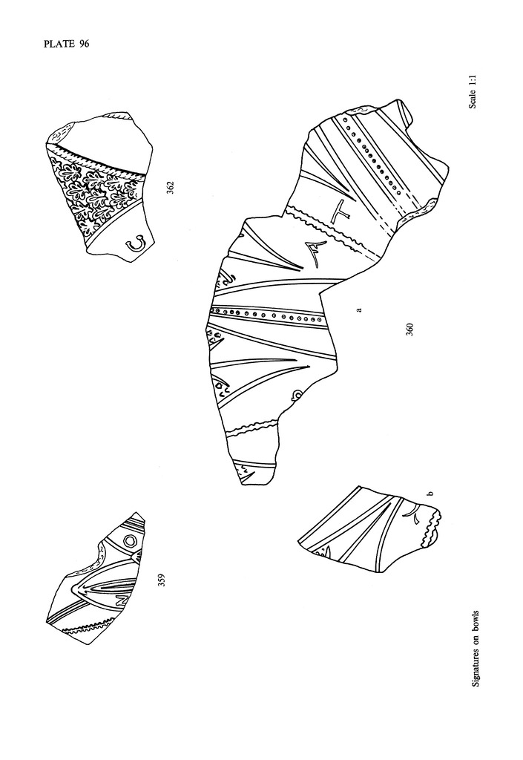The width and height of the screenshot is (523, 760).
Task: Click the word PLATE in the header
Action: [x=58, y=44]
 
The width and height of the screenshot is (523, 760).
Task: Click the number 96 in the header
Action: [x=83, y=44]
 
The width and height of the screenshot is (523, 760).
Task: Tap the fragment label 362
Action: [x=169, y=188]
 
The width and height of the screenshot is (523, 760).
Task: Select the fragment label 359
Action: [x=162, y=580]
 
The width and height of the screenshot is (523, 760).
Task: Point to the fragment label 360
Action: [x=409, y=330]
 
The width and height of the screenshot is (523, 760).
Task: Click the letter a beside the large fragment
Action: [x=358, y=309]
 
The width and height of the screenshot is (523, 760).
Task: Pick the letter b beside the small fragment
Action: [x=430, y=494]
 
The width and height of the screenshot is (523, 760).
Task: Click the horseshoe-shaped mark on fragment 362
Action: [x=136, y=243]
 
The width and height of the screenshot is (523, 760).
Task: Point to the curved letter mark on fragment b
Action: [x=413, y=515]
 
